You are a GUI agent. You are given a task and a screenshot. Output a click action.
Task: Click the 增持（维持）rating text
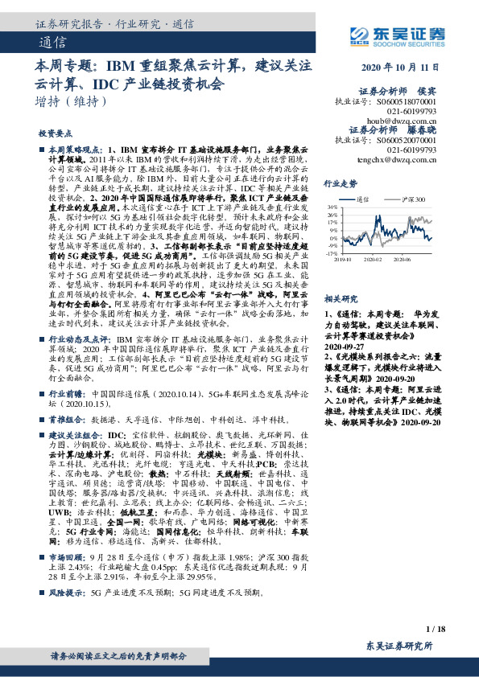71,101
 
